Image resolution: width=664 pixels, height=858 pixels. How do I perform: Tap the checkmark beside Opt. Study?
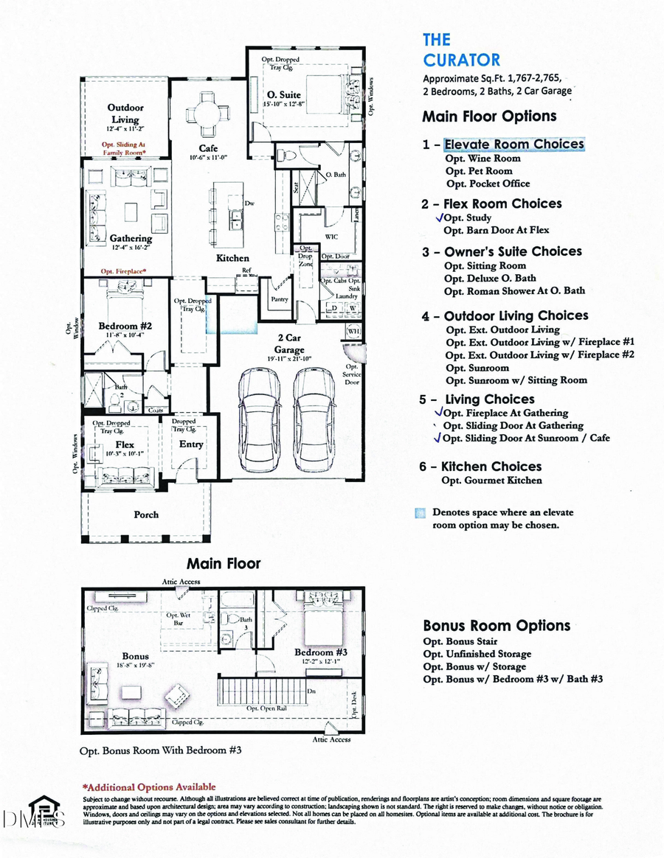[441, 217]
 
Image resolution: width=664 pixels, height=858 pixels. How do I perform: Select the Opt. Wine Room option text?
[483, 158]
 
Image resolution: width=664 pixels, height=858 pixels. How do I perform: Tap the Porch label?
[145, 514]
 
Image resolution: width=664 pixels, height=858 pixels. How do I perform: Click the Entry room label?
[191, 444]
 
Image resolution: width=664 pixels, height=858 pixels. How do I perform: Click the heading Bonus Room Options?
[496, 625]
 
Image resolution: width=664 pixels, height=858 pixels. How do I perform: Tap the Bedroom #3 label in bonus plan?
[315, 652]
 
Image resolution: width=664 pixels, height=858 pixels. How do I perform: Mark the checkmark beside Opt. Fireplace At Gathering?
[440, 413]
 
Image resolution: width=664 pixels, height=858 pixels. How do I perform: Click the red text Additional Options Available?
[149, 787]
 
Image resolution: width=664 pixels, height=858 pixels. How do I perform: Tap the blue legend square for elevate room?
[420, 513]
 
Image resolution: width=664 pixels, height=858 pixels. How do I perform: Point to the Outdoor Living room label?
[125, 114]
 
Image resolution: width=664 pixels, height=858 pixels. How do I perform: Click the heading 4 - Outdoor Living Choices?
[505, 315]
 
